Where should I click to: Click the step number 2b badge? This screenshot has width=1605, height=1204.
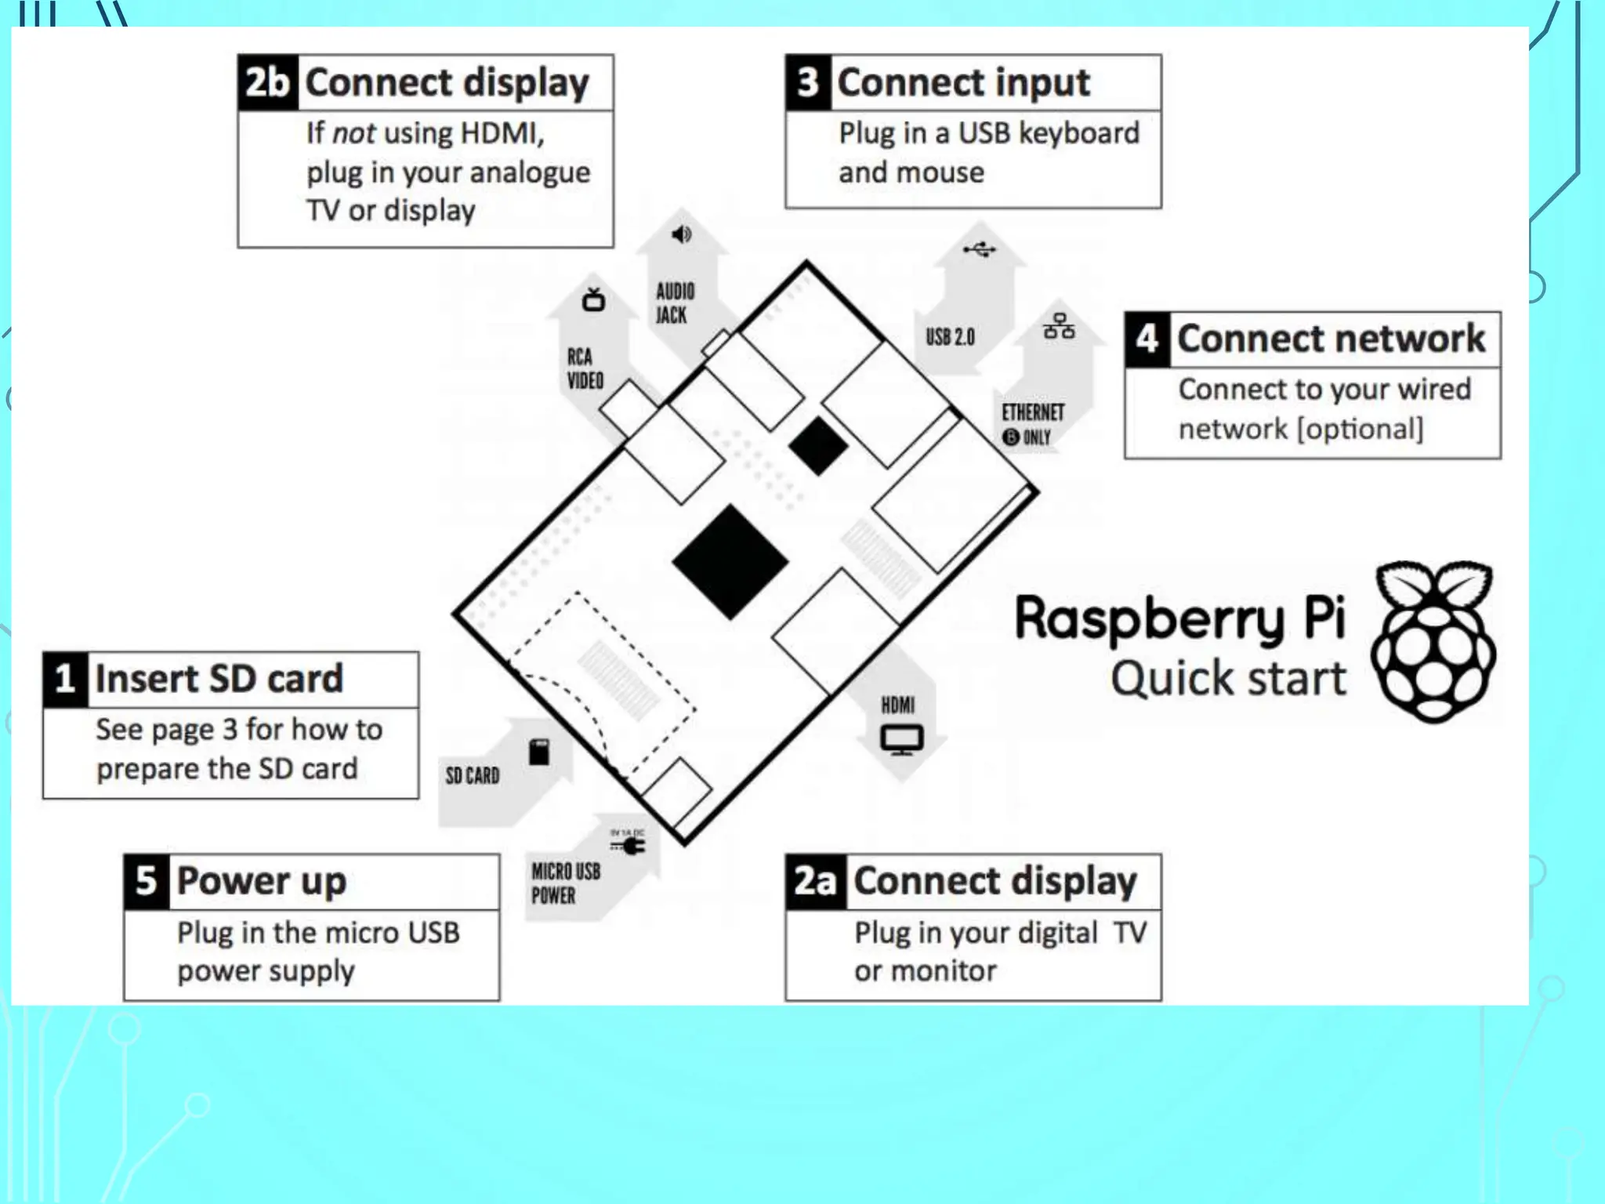[267, 82]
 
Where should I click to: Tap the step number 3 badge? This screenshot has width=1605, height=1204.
[808, 82]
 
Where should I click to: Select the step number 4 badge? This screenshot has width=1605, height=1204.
[1147, 339]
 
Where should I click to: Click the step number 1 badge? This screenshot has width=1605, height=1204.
[65, 679]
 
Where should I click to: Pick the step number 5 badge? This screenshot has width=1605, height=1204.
[147, 881]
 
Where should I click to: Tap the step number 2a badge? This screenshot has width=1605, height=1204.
[815, 881]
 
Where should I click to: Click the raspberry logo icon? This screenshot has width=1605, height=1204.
[1433, 641]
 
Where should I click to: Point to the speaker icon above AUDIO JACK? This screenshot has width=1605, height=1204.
[682, 234]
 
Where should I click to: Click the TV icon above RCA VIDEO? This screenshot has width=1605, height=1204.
[593, 299]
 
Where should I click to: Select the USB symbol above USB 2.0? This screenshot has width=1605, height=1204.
[979, 249]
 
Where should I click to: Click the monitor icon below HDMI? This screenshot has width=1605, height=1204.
[901, 739]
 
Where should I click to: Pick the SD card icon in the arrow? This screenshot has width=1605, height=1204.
[539, 752]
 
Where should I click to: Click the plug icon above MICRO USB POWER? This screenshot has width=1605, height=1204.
[629, 845]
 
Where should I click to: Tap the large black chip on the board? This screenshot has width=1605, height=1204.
[730, 562]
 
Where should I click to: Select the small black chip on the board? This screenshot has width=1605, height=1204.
[817, 445]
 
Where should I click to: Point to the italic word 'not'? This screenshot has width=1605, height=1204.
[353, 133]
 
